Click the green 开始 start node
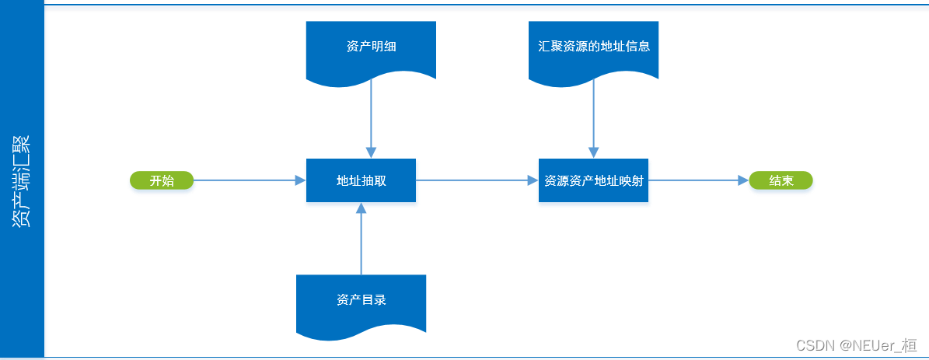(x=161, y=180)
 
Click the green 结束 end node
(x=781, y=180)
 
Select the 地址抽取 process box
(x=361, y=180)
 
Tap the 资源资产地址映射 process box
(x=593, y=180)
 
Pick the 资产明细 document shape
(x=371, y=47)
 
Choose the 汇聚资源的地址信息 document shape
(x=593, y=47)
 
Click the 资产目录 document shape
(x=361, y=300)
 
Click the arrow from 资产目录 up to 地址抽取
(x=361, y=241)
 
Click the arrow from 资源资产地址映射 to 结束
(x=696, y=180)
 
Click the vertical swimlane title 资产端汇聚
(x=22, y=180)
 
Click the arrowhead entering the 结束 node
(x=742, y=180)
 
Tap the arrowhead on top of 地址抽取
(x=371, y=152)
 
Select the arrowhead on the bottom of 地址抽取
(x=361, y=208)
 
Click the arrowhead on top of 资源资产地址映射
(x=594, y=152)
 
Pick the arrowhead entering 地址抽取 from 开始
(x=300, y=180)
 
